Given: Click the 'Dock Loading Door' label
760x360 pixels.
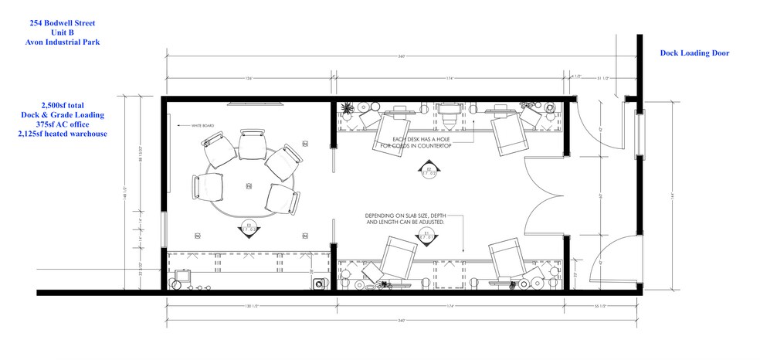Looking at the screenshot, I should pyautogui.click(x=694, y=53).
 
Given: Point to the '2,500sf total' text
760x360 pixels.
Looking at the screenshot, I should pyautogui.click(x=62, y=104).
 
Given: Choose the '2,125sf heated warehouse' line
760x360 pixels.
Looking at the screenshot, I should pyautogui.click(x=62, y=134).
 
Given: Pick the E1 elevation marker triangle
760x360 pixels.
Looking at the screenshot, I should pyautogui.click(x=427, y=232).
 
